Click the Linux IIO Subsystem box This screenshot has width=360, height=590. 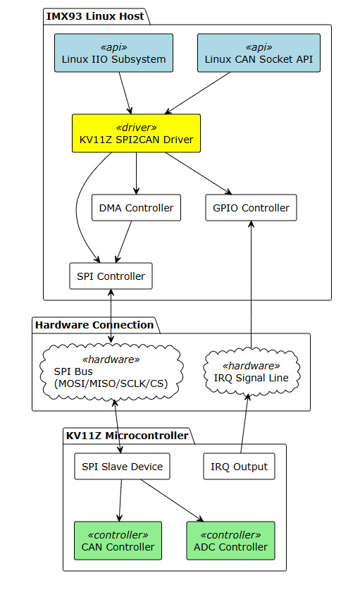113,53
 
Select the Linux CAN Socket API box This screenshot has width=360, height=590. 259,53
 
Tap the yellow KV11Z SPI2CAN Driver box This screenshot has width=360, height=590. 136,133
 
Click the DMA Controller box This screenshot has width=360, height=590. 136,208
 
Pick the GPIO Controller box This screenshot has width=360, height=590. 251,208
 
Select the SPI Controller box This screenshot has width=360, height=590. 111,276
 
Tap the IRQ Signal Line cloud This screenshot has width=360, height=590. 251,371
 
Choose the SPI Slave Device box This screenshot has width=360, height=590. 122,467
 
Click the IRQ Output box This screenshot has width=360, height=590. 239,467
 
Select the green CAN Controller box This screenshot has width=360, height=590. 118,541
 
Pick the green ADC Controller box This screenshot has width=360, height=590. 230,541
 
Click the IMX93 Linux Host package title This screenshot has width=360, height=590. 94,16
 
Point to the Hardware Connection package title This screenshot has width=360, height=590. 94,325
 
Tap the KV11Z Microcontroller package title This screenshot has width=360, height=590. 126,436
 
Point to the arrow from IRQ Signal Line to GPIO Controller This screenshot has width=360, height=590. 251,282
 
